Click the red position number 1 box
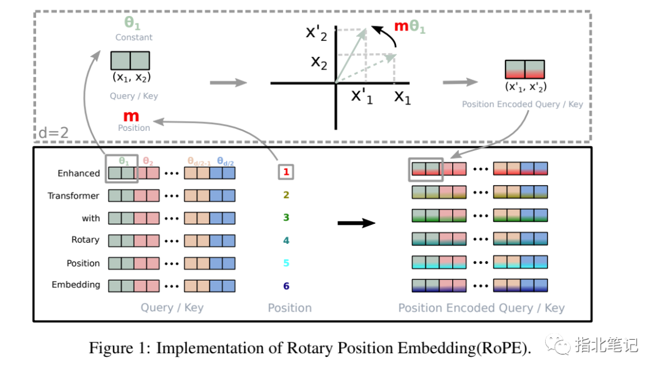[x=286, y=173]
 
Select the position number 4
[x=286, y=241]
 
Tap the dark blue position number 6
[x=286, y=286]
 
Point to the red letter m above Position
[x=131, y=116]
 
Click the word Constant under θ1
[x=134, y=37]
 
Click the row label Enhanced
[x=79, y=174]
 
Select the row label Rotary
[x=86, y=240]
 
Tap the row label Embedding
[x=76, y=285]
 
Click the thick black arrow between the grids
[x=356, y=223]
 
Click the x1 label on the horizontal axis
[x=402, y=96]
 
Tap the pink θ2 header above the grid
[x=148, y=161]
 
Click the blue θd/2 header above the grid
[x=227, y=161]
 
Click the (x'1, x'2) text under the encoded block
[x=526, y=87]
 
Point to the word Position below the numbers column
[x=290, y=308]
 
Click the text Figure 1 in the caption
[x=118, y=348]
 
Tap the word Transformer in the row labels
[x=74, y=196]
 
